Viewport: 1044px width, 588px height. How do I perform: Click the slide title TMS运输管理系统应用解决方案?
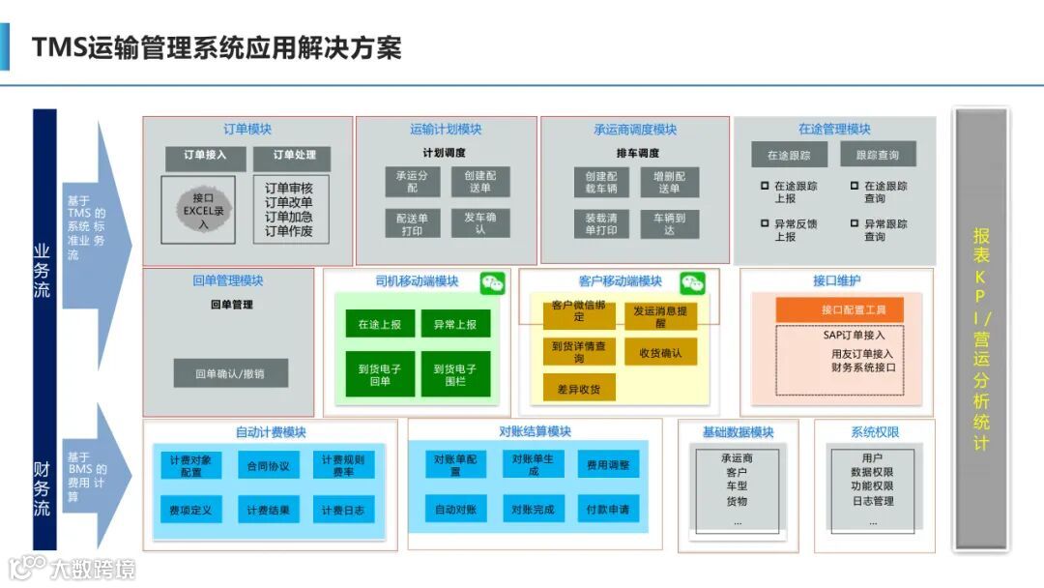click(217, 47)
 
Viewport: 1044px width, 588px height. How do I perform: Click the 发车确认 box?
click(480, 223)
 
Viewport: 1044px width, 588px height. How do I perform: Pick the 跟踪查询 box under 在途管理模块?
click(877, 155)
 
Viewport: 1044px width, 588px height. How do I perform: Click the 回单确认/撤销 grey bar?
click(230, 373)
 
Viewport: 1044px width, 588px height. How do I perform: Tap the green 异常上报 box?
click(455, 325)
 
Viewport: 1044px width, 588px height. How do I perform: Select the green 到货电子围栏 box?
click(455, 374)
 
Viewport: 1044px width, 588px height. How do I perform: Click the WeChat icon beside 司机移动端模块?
click(493, 282)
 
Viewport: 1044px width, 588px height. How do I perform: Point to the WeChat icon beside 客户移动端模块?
click(692, 282)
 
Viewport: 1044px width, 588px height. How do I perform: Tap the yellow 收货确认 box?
click(660, 353)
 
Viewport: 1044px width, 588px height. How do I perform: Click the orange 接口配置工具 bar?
click(840, 309)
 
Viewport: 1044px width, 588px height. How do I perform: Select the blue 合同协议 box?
click(268, 466)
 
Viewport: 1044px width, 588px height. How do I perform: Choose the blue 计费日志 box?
click(343, 510)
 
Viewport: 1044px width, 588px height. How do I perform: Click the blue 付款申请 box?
click(607, 509)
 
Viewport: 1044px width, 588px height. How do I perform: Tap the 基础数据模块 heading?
click(738, 432)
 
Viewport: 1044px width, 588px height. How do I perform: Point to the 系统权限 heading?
click(875, 431)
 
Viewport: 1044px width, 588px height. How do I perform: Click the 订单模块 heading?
click(247, 130)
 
